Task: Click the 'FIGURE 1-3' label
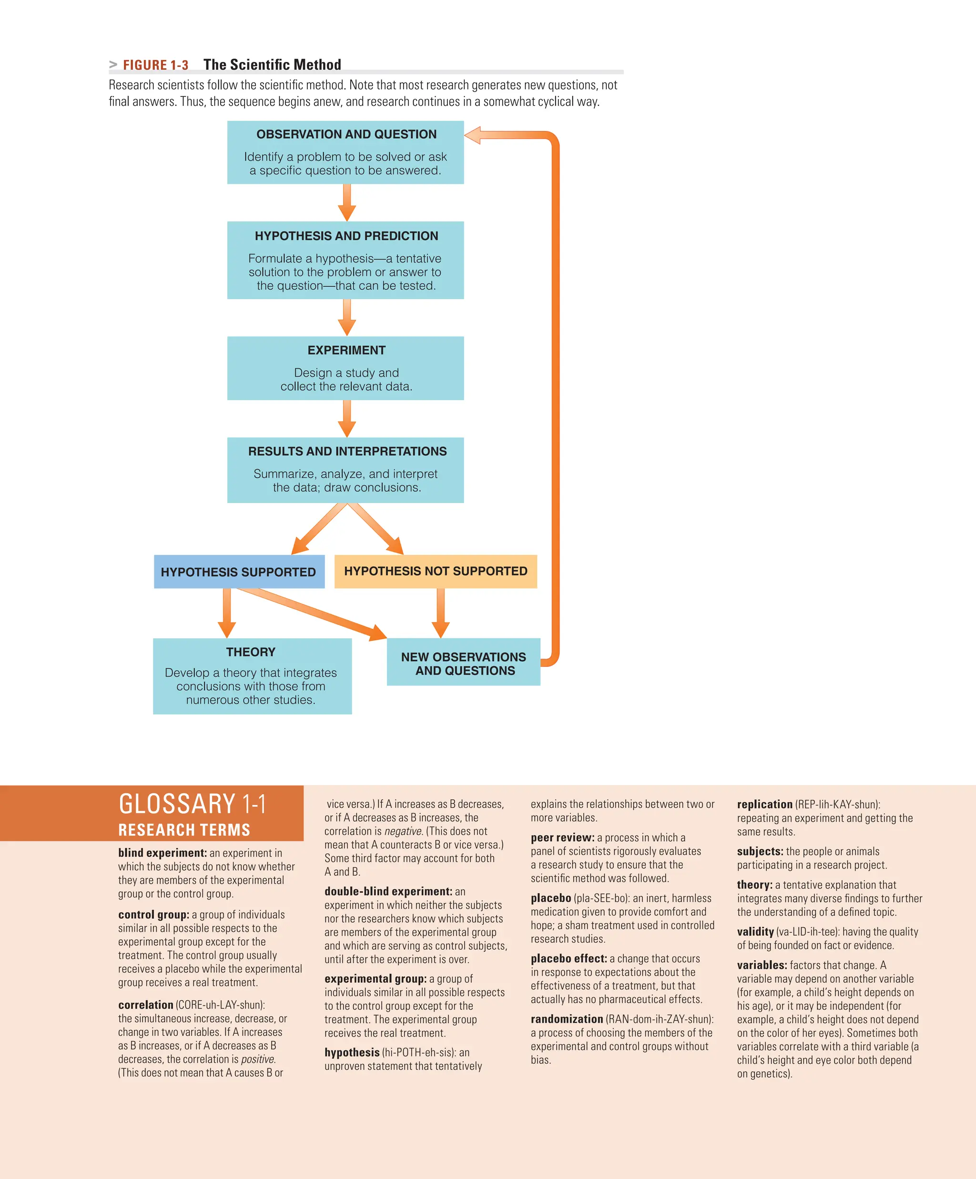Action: click(155, 65)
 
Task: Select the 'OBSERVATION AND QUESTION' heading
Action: click(346, 134)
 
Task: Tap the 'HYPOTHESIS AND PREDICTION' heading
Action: click(346, 236)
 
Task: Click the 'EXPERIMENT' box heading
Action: click(346, 350)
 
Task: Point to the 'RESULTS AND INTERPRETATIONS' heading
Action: click(347, 452)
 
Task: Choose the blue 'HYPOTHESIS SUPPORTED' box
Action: click(239, 572)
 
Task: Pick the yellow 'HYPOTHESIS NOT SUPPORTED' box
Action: click(435, 571)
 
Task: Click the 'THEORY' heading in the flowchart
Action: click(251, 652)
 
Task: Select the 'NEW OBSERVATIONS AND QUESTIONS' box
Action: click(463, 664)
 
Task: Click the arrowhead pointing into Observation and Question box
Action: click(473, 135)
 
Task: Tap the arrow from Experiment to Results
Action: click(347, 419)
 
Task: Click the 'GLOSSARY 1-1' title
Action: click(192, 805)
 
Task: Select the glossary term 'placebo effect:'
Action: click(569, 958)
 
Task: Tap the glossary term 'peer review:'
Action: click(562, 837)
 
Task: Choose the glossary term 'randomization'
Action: click(567, 1019)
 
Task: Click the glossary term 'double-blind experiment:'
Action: click(388, 891)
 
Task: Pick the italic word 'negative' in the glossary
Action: click(403, 831)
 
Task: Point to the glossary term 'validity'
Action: click(755, 931)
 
